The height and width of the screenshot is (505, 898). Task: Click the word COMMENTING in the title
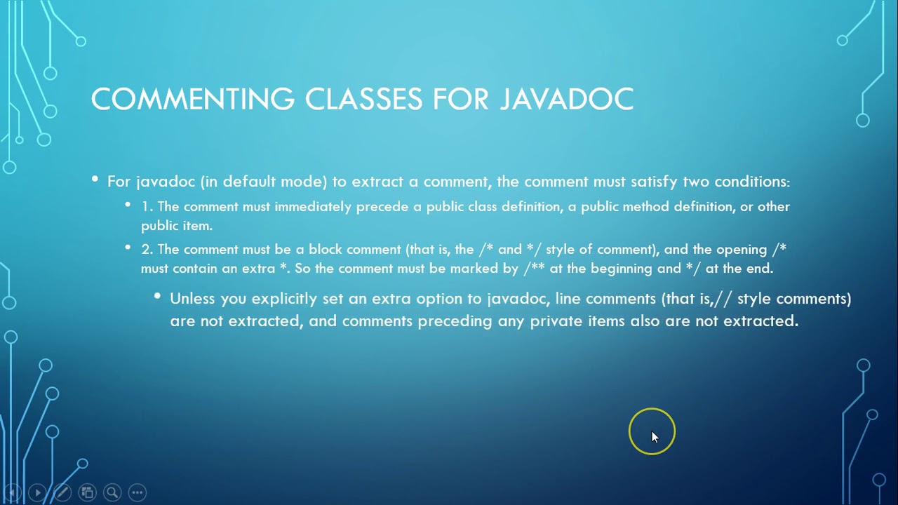click(193, 99)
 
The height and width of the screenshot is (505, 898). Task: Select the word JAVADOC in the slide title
click(567, 99)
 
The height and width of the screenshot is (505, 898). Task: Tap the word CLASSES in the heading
click(363, 99)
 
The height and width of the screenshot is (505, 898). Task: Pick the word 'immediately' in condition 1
click(313, 207)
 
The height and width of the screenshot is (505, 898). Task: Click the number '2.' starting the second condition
click(147, 249)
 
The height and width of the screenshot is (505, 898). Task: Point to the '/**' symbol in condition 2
click(534, 268)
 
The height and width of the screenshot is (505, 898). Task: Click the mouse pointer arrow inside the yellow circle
click(655, 437)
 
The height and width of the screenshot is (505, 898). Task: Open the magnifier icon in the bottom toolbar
click(112, 492)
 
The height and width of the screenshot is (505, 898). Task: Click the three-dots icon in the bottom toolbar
click(138, 492)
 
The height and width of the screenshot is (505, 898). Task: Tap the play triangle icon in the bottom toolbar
click(38, 492)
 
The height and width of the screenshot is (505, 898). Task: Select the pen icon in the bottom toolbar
click(62, 492)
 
